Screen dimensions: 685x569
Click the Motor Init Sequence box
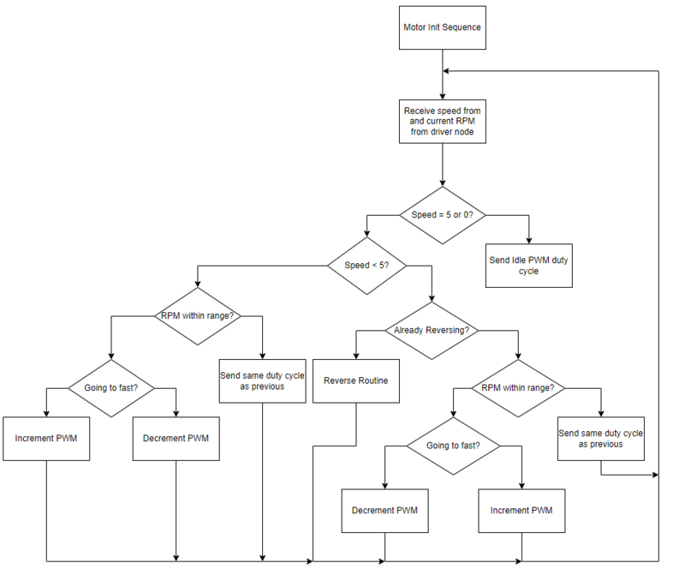click(x=442, y=27)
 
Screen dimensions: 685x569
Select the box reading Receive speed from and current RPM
click(x=442, y=121)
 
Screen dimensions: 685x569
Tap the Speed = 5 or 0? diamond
click(x=442, y=215)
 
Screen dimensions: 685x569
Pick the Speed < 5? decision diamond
click(x=366, y=266)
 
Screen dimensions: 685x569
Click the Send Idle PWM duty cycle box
click(x=528, y=266)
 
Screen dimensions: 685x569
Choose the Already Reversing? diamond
click(x=432, y=331)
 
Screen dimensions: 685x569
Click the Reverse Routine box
click(x=355, y=381)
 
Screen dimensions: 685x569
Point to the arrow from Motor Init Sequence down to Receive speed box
click(x=442, y=75)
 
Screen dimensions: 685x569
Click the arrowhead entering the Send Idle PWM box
click(x=528, y=241)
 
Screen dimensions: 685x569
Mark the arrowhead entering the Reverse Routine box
click(x=355, y=356)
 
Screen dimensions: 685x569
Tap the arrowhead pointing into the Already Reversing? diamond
click(x=432, y=299)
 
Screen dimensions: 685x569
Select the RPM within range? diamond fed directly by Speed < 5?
click(x=198, y=316)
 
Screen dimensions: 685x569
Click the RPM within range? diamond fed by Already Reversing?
click(x=518, y=388)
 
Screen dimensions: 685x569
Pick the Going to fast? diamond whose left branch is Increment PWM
click(x=111, y=388)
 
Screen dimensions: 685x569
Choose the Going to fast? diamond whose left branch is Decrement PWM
click(x=453, y=446)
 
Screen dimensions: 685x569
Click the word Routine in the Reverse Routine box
click(x=372, y=381)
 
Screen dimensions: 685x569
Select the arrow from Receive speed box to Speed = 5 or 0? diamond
click(x=442, y=165)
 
